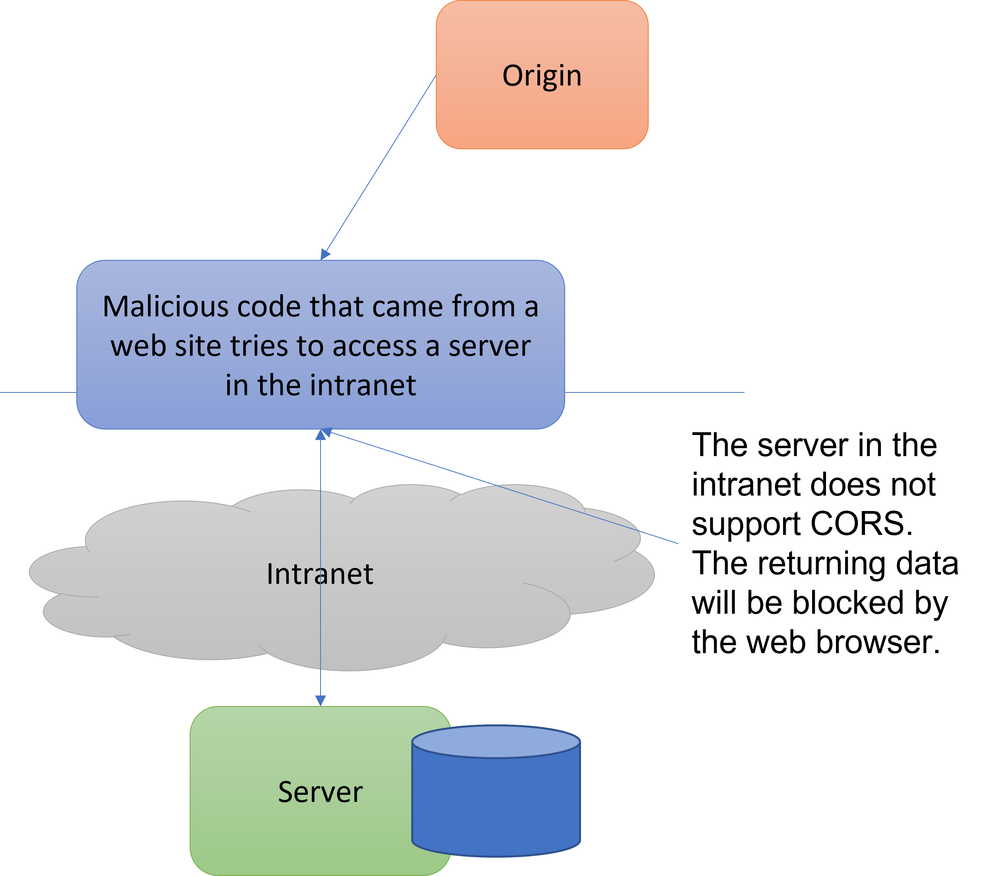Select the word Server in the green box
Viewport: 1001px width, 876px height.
coord(320,792)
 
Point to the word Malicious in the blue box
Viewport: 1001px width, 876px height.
coord(165,306)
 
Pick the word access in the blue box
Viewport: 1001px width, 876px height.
coord(374,346)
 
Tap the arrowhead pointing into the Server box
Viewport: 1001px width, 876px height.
coord(321,700)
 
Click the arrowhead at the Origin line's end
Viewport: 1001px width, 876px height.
coord(325,254)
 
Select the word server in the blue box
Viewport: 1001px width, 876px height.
coord(489,346)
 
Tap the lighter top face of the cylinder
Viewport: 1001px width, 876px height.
coord(496,742)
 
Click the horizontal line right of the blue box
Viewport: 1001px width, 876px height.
coord(655,392)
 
